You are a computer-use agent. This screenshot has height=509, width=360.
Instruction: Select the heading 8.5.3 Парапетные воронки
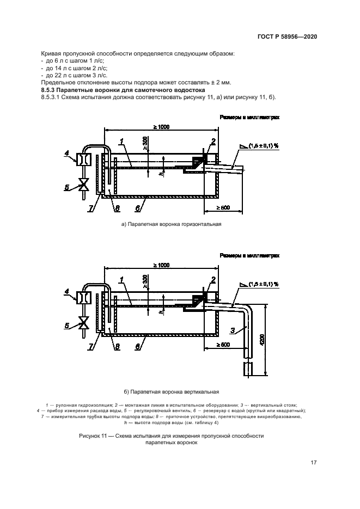123,89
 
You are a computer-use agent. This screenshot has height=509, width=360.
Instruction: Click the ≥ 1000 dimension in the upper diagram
161,127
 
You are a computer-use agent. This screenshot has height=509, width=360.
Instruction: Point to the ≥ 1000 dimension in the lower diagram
161,265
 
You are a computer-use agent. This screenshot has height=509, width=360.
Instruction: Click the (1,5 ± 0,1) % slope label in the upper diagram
263,146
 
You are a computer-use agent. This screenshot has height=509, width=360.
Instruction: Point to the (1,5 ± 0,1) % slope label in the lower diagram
263,284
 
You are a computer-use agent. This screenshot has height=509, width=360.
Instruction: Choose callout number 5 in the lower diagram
66,326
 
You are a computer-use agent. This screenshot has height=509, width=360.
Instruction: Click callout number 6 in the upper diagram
137,208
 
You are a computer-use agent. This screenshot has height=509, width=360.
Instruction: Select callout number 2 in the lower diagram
213,279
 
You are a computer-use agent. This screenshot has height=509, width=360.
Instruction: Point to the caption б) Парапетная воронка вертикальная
171,391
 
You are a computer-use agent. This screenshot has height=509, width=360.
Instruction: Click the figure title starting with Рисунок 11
172,436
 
